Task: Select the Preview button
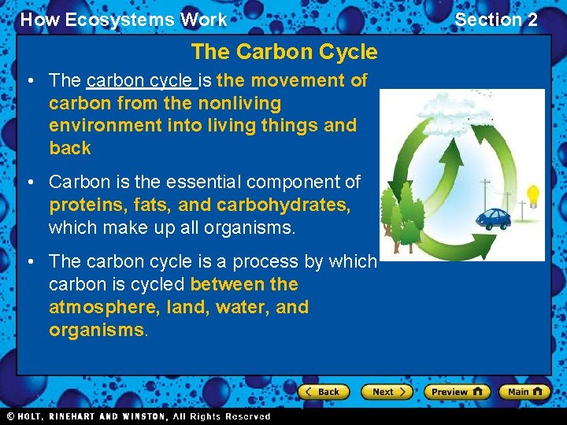[457, 391]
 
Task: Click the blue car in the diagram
[495, 218]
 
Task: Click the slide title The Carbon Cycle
[283, 53]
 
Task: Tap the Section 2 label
[496, 20]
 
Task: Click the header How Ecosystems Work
[124, 20]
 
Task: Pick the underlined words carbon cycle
[139, 80]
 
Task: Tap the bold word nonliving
[240, 103]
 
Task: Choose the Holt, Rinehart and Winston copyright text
[138, 416]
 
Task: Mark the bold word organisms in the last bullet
[96, 330]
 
